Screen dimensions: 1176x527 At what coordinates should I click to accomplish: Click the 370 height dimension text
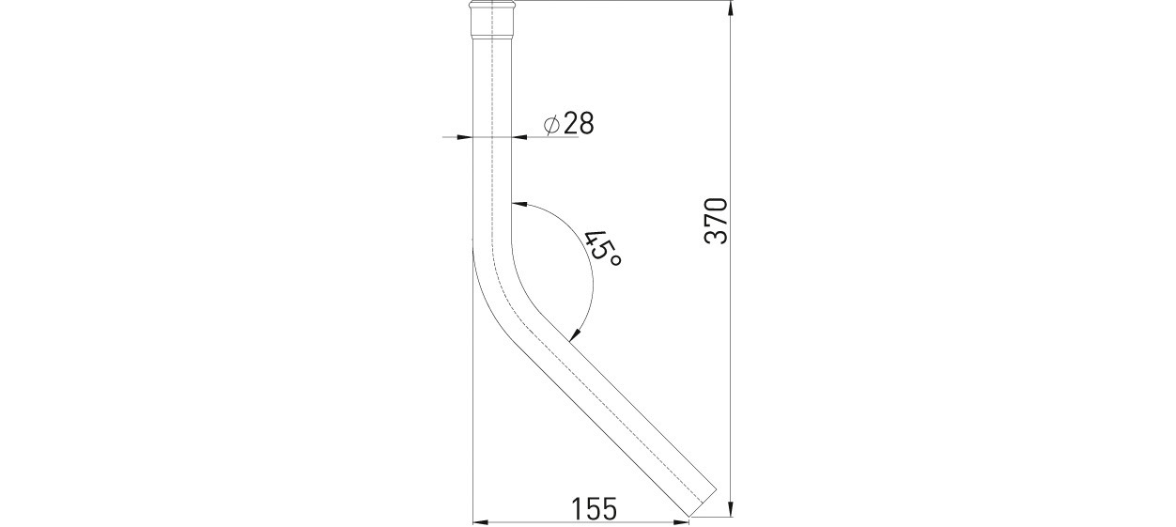coord(717,221)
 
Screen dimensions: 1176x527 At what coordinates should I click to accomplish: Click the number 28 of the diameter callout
coord(579,124)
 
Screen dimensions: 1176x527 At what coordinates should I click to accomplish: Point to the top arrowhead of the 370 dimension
coord(731,9)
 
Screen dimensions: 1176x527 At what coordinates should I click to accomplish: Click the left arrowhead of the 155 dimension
coord(482,522)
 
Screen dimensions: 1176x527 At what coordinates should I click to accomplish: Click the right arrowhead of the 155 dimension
coord(680,522)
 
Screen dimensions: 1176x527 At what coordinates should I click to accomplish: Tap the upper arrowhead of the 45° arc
coord(519,204)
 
